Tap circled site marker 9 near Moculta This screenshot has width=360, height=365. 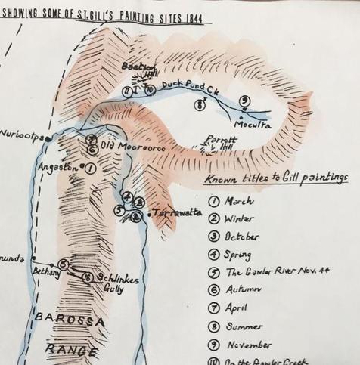[x=244, y=101]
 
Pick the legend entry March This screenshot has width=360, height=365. [x=239, y=202]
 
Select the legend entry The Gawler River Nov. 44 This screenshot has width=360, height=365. [x=276, y=274]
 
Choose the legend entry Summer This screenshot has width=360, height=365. [x=245, y=326]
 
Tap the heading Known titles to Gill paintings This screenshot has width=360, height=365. [x=277, y=179]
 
